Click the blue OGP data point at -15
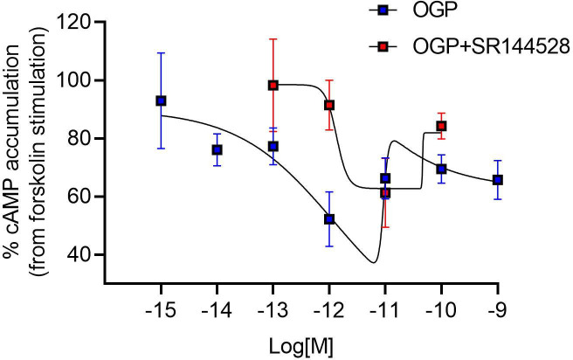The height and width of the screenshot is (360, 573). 161,101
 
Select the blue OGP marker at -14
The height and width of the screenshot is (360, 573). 217,150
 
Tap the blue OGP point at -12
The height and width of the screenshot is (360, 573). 329,219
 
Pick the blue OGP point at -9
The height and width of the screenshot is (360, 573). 498,180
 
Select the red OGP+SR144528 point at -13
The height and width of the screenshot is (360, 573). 273,86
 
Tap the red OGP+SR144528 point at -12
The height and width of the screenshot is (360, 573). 329,105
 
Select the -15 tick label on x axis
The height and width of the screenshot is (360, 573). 160,308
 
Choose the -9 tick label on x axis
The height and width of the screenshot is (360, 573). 497,308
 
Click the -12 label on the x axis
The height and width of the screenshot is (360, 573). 328,308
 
